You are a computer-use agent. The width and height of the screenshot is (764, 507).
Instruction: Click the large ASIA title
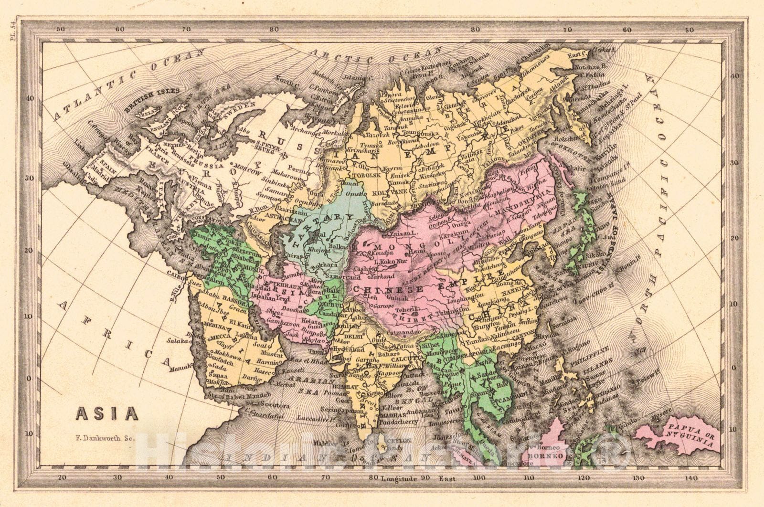[x=106, y=412]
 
